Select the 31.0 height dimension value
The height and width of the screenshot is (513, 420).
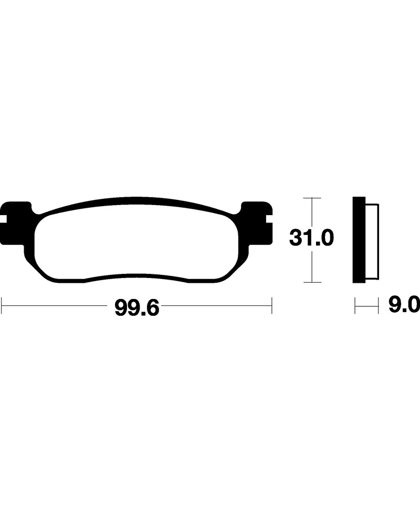click(311, 238)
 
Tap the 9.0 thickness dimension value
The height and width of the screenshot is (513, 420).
click(404, 305)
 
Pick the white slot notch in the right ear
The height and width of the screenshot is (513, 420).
click(269, 219)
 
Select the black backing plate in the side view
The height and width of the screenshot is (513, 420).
click(359, 240)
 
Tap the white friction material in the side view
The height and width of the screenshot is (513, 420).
click(372, 242)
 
